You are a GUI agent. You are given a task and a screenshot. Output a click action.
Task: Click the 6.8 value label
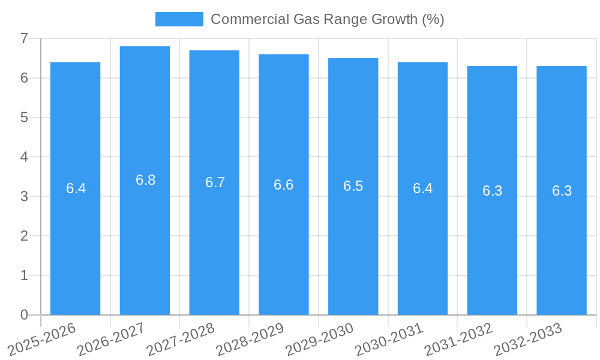[x=145, y=180]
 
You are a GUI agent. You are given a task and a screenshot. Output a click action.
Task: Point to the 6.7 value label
[x=215, y=182]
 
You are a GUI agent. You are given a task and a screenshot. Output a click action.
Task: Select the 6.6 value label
[x=284, y=185]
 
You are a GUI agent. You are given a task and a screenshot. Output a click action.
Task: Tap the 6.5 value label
[x=353, y=186]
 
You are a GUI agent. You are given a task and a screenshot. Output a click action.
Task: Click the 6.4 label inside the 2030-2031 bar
[x=422, y=188]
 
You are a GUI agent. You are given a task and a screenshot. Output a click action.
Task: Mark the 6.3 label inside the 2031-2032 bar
[x=492, y=191]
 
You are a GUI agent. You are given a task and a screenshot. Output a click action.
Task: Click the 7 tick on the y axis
[x=24, y=38]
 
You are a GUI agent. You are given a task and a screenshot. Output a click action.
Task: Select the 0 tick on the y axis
[x=24, y=315]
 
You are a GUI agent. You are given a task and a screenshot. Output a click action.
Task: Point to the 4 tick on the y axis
[x=24, y=157]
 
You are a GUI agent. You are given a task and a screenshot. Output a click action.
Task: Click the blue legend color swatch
[x=179, y=19]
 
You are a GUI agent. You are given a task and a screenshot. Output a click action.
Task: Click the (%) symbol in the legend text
[x=433, y=19]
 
